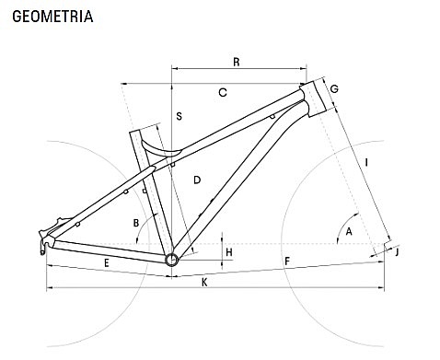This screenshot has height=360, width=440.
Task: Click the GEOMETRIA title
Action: [52, 17]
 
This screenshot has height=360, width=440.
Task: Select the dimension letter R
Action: [237, 62]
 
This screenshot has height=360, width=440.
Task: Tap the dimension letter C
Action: [223, 92]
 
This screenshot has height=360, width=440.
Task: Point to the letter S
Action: [179, 116]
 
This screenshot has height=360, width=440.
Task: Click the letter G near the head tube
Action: [334, 88]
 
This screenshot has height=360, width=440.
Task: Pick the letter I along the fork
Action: [366, 162]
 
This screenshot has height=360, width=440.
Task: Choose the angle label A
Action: [349, 232]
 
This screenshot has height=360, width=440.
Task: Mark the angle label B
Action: [136, 223]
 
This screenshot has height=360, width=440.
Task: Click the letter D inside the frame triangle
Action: [197, 180]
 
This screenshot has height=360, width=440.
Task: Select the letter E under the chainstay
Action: [107, 263]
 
